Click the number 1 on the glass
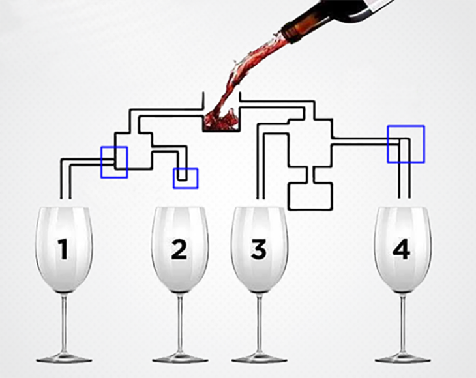pos(63,249)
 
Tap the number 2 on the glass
pos(179,249)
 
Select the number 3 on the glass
pos(259,249)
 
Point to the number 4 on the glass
pos(401,249)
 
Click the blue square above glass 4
pos(406,126)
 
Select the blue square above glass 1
pos(114,147)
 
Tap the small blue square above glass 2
pos(185,169)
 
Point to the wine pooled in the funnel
pos(221,121)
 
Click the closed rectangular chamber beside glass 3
pos(310,196)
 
